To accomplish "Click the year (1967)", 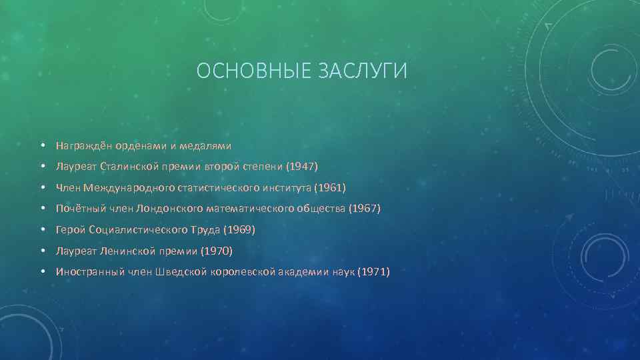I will pos(365,209).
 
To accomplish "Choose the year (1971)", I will pos(374,272).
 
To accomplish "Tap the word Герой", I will pos(70,230).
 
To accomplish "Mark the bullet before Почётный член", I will pos(42,209).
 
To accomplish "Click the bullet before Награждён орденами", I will pos(42,145).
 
